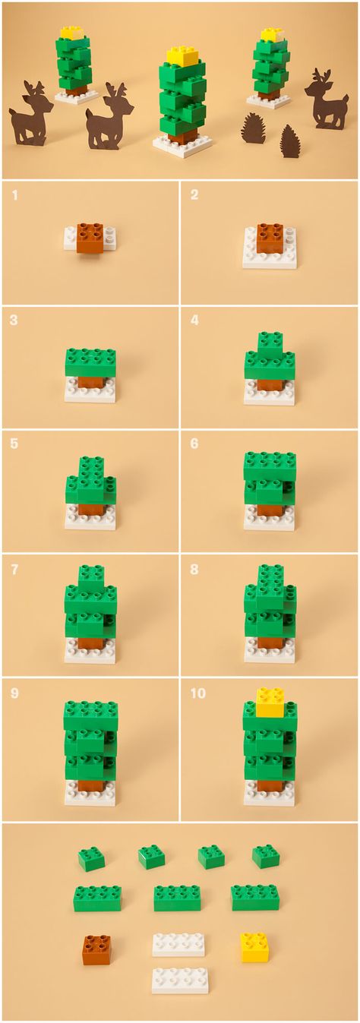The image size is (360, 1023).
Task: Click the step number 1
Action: pyautogui.click(x=15, y=195)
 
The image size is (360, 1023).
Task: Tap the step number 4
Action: pyautogui.click(x=194, y=320)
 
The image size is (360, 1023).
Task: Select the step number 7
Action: pyautogui.click(x=14, y=569)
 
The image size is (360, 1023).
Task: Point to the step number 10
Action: pyautogui.click(x=197, y=693)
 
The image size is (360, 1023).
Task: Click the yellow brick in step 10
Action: pyautogui.click(x=270, y=702)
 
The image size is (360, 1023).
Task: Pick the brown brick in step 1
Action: pyautogui.click(x=90, y=238)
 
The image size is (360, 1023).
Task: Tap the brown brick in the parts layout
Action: pyautogui.click(x=96, y=950)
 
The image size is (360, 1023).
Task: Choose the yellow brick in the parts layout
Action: pyautogui.click(x=254, y=948)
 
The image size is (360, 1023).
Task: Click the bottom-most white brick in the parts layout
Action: pyautogui.click(x=181, y=980)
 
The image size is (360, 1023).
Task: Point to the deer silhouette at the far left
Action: pyautogui.click(x=30, y=114)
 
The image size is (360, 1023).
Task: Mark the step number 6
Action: pyautogui.click(x=194, y=444)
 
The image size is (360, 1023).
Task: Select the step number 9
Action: pyautogui.click(x=14, y=693)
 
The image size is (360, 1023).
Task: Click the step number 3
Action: pyautogui.click(x=14, y=320)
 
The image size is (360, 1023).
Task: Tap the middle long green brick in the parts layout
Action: pyautogui.click(x=178, y=898)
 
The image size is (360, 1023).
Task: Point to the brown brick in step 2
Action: pyautogui.click(x=270, y=238)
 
